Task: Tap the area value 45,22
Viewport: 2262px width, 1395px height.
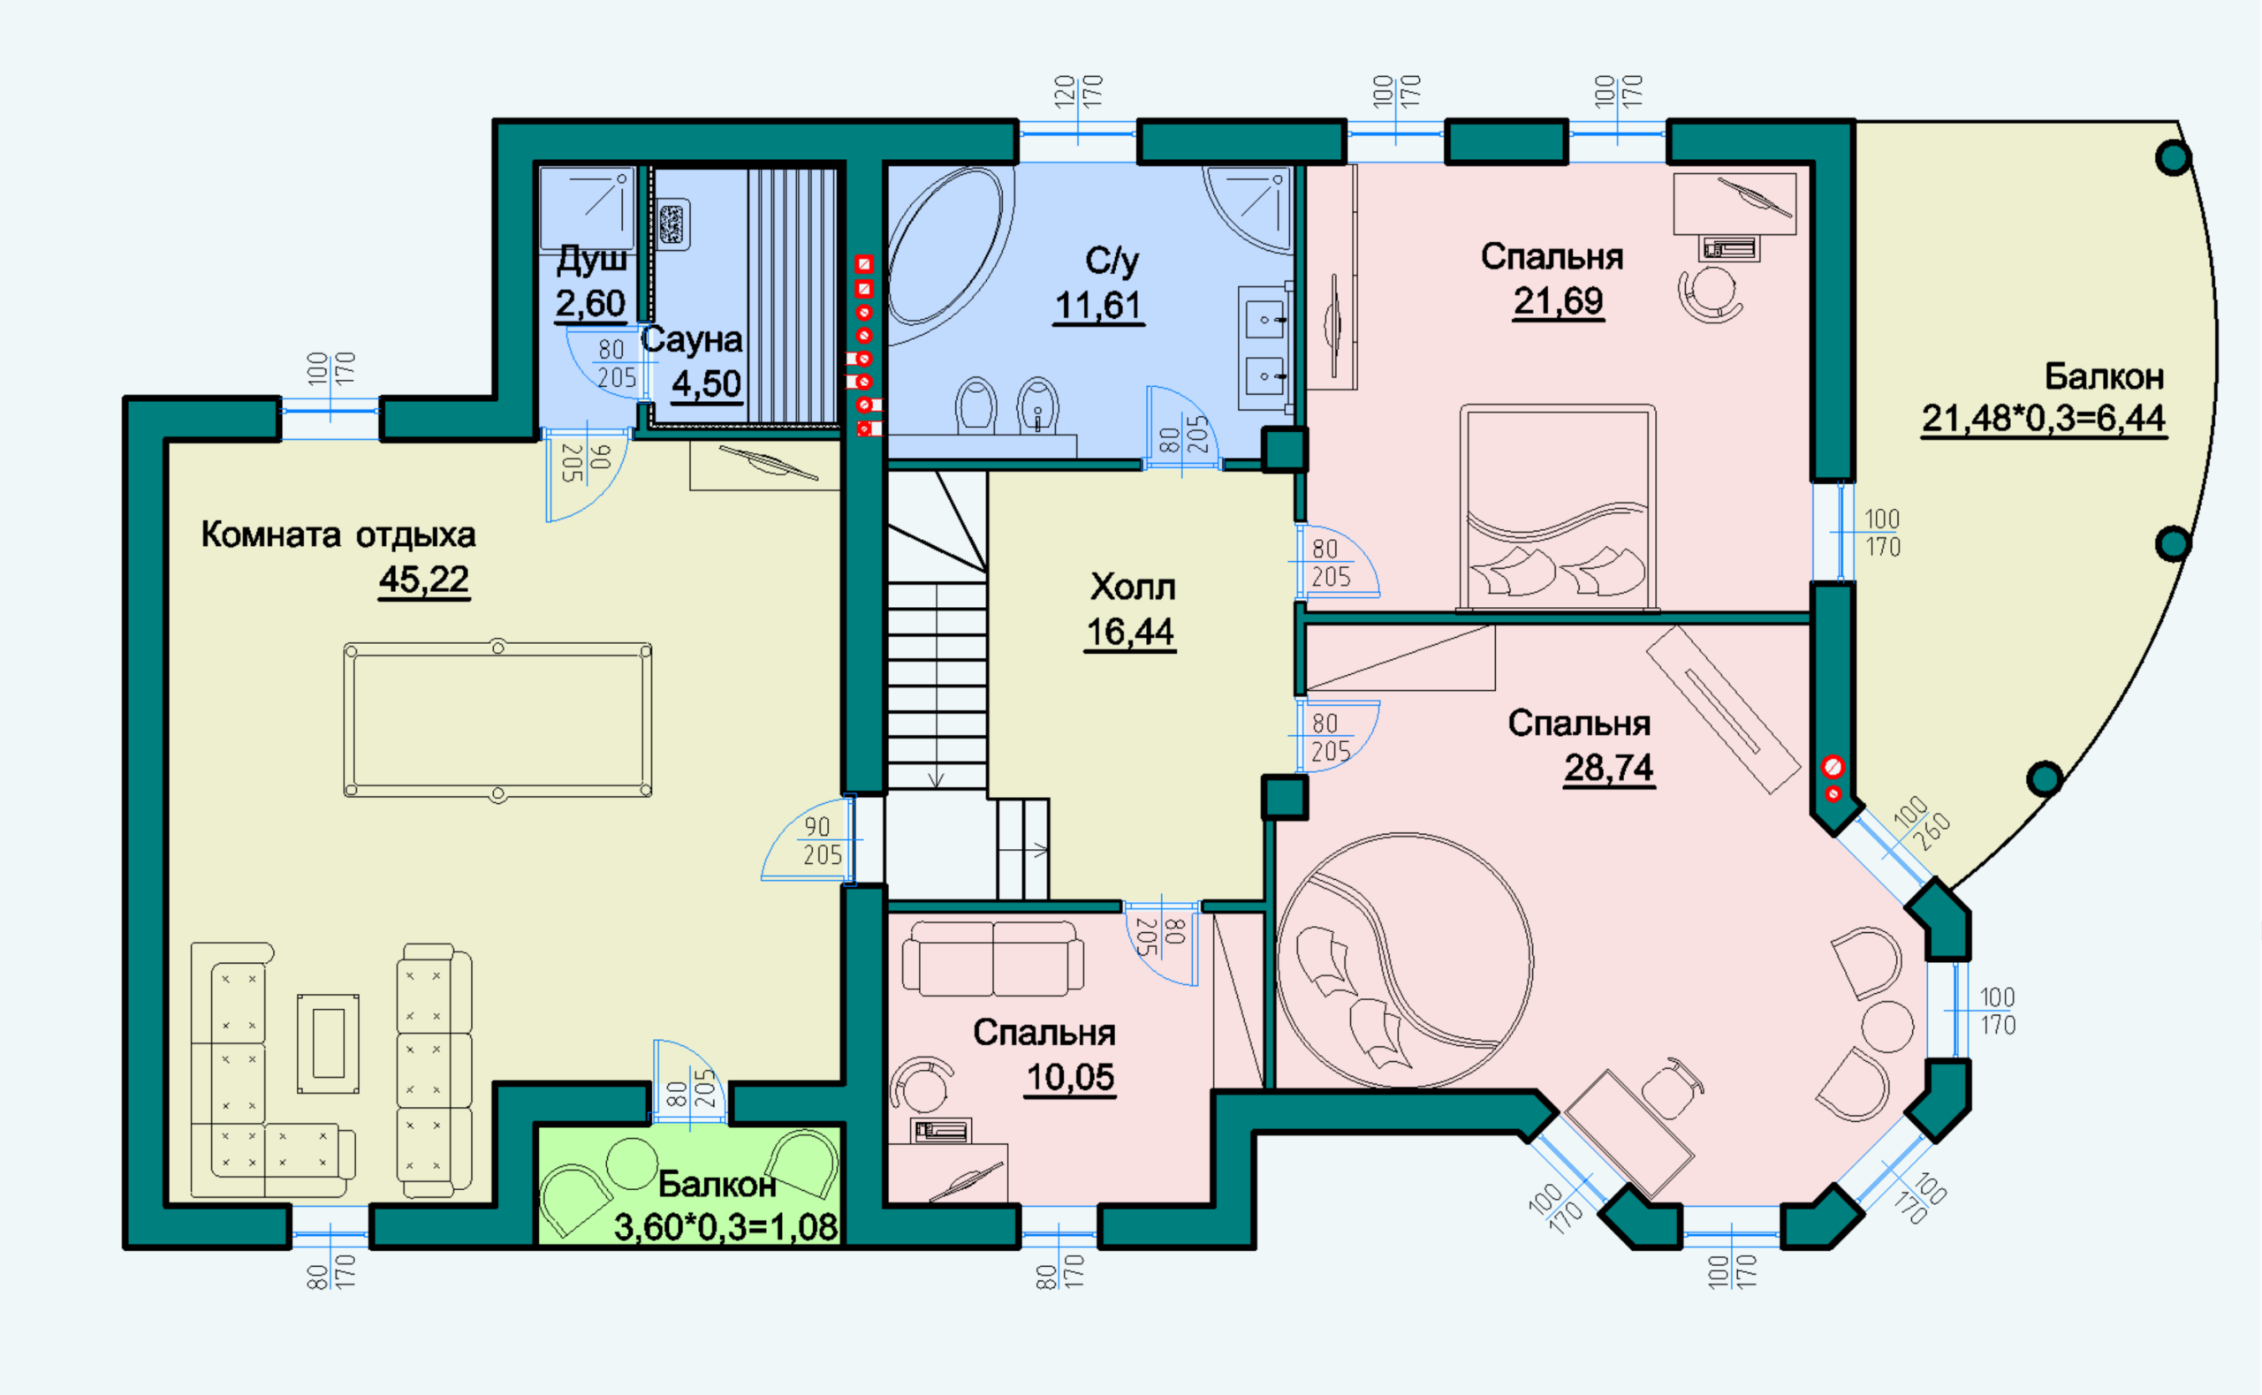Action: (424, 580)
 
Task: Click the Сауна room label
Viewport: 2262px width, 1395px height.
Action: (692, 339)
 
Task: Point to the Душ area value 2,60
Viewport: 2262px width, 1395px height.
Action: (590, 303)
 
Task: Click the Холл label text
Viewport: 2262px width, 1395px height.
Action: (1133, 587)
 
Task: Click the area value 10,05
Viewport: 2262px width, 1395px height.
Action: (1071, 1077)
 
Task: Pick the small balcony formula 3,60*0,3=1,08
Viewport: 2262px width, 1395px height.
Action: (726, 1227)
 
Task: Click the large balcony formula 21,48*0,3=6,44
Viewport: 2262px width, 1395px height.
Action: (2044, 418)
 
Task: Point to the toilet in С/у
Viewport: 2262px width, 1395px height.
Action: (976, 405)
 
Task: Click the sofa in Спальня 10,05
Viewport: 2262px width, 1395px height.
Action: (992, 958)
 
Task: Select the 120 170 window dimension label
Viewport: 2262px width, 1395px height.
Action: (1077, 92)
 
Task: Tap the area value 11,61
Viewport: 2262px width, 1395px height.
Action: (1098, 306)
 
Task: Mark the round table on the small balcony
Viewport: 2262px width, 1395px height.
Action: (632, 1164)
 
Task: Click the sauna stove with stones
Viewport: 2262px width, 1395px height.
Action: (672, 224)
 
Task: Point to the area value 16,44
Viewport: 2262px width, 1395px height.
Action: (1130, 632)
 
